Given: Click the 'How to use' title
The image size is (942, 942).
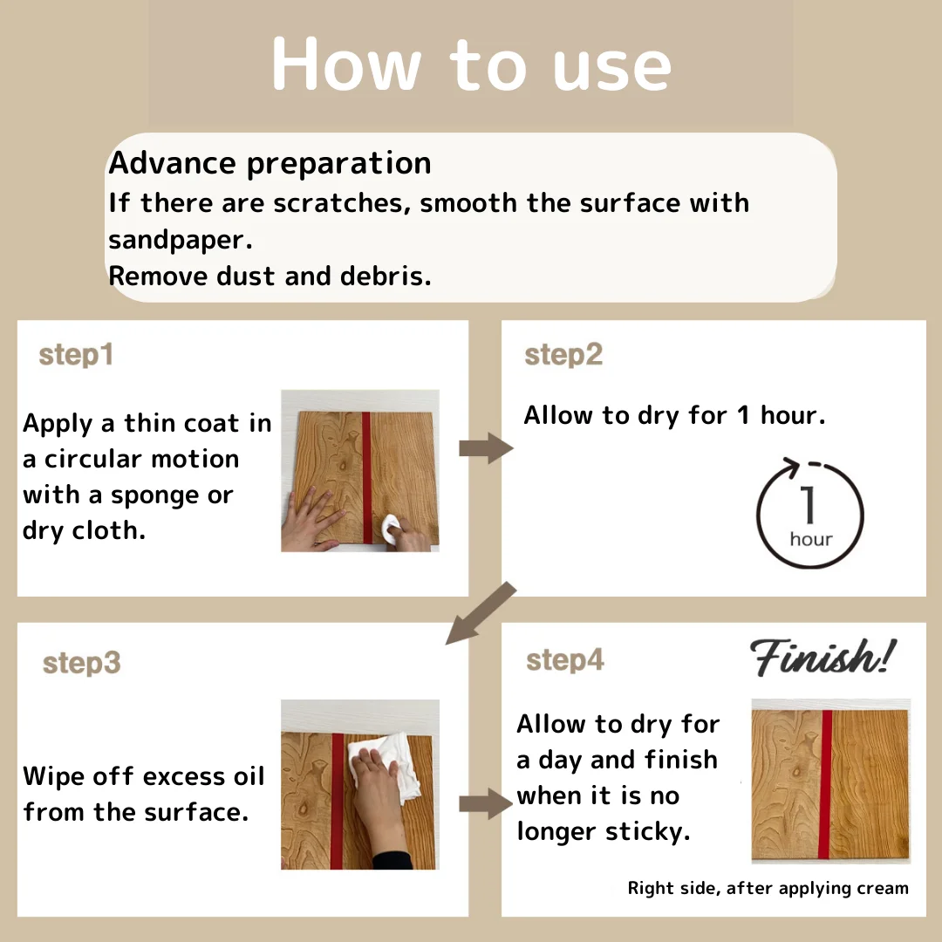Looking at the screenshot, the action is [472, 65].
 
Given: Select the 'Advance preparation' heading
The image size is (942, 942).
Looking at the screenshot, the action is [270, 163].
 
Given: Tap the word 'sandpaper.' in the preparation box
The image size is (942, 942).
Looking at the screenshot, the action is [181, 241].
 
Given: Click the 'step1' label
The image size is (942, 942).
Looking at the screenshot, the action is [76, 355].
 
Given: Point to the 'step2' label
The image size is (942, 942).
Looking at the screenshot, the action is [563, 354].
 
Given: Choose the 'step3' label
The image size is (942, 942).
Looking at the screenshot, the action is [82, 663].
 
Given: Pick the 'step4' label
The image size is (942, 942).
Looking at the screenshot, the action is [564, 659].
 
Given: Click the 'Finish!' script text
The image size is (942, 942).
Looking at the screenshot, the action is [823, 658].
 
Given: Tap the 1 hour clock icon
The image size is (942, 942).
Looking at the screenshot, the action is [809, 513].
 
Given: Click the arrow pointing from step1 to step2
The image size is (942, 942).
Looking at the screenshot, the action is [486, 448].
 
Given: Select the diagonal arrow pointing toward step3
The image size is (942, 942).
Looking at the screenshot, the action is [481, 613].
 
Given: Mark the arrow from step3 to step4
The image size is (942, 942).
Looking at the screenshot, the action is [486, 804].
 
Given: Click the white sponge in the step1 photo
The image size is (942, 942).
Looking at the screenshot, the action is [390, 529].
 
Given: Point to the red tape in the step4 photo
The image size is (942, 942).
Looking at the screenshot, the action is [827, 784].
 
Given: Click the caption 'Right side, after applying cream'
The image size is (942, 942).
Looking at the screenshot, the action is [768, 888].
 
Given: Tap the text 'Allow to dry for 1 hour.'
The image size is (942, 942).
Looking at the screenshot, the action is [674, 416].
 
